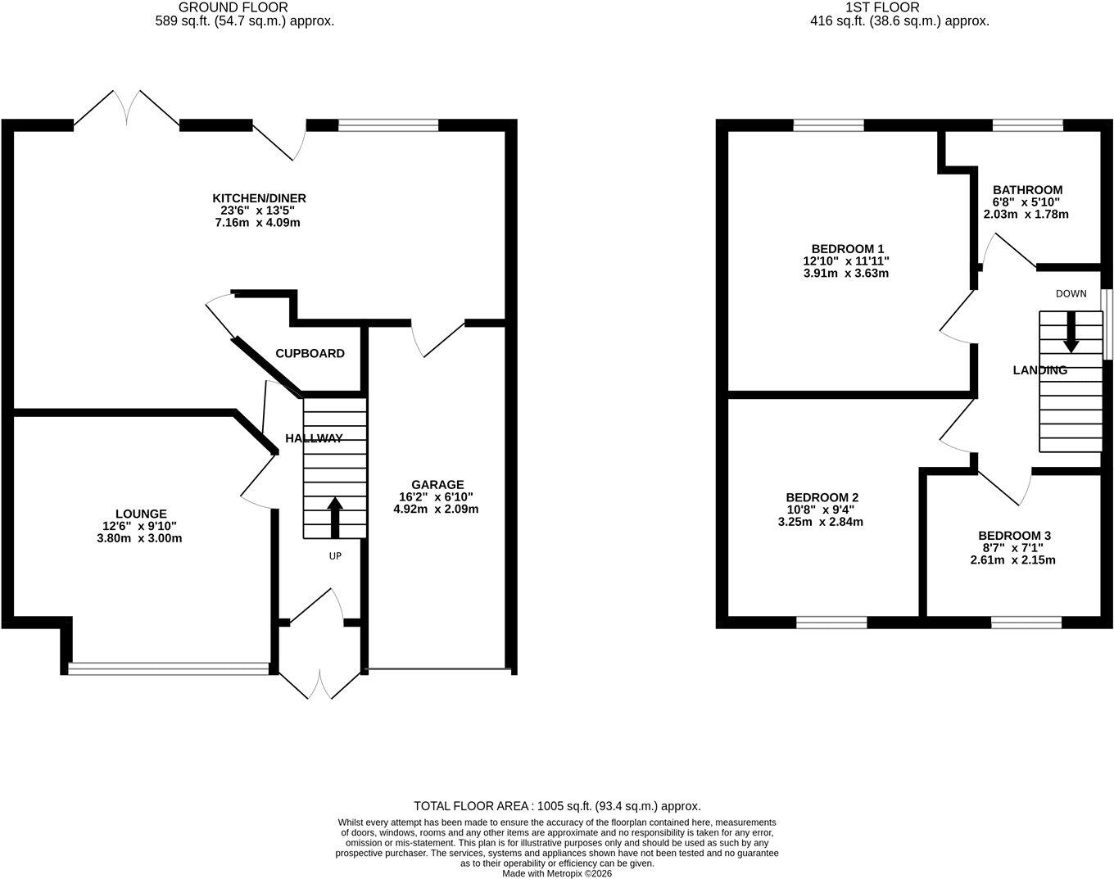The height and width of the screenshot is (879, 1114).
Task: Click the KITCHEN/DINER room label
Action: point(259,198)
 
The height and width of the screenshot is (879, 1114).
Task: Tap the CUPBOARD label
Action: point(310,354)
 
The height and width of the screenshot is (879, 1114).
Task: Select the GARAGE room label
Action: point(437,484)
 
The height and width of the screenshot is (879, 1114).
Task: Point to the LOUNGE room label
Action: point(141,514)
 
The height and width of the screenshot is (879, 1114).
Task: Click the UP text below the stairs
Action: point(335,556)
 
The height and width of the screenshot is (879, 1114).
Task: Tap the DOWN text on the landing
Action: point(1071,293)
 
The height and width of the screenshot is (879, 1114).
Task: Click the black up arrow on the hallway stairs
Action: point(335,518)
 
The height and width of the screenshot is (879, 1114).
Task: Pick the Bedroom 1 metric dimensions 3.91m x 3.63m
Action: point(846,274)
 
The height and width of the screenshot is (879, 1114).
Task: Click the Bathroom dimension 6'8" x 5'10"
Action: point(1026,202)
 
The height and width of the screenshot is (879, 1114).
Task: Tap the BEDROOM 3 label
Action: point(1014,536)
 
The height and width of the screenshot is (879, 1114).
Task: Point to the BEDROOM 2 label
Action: point(822,497)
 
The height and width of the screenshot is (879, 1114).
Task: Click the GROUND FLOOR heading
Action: point(233,7)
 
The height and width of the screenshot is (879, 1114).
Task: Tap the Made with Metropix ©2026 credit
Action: point(557,873)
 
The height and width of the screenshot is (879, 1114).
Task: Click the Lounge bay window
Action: point(169,668)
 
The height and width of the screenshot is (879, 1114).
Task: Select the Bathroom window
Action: point(1027,125)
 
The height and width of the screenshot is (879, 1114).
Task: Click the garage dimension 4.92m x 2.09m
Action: point(436,509)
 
